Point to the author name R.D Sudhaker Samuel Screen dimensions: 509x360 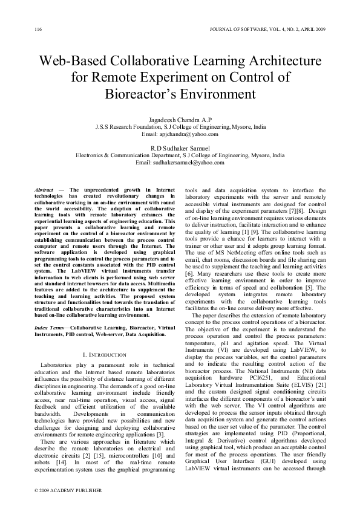[180, 148]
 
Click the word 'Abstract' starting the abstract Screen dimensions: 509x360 [44, 190]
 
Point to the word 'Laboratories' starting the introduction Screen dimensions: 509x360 [58, 366]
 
